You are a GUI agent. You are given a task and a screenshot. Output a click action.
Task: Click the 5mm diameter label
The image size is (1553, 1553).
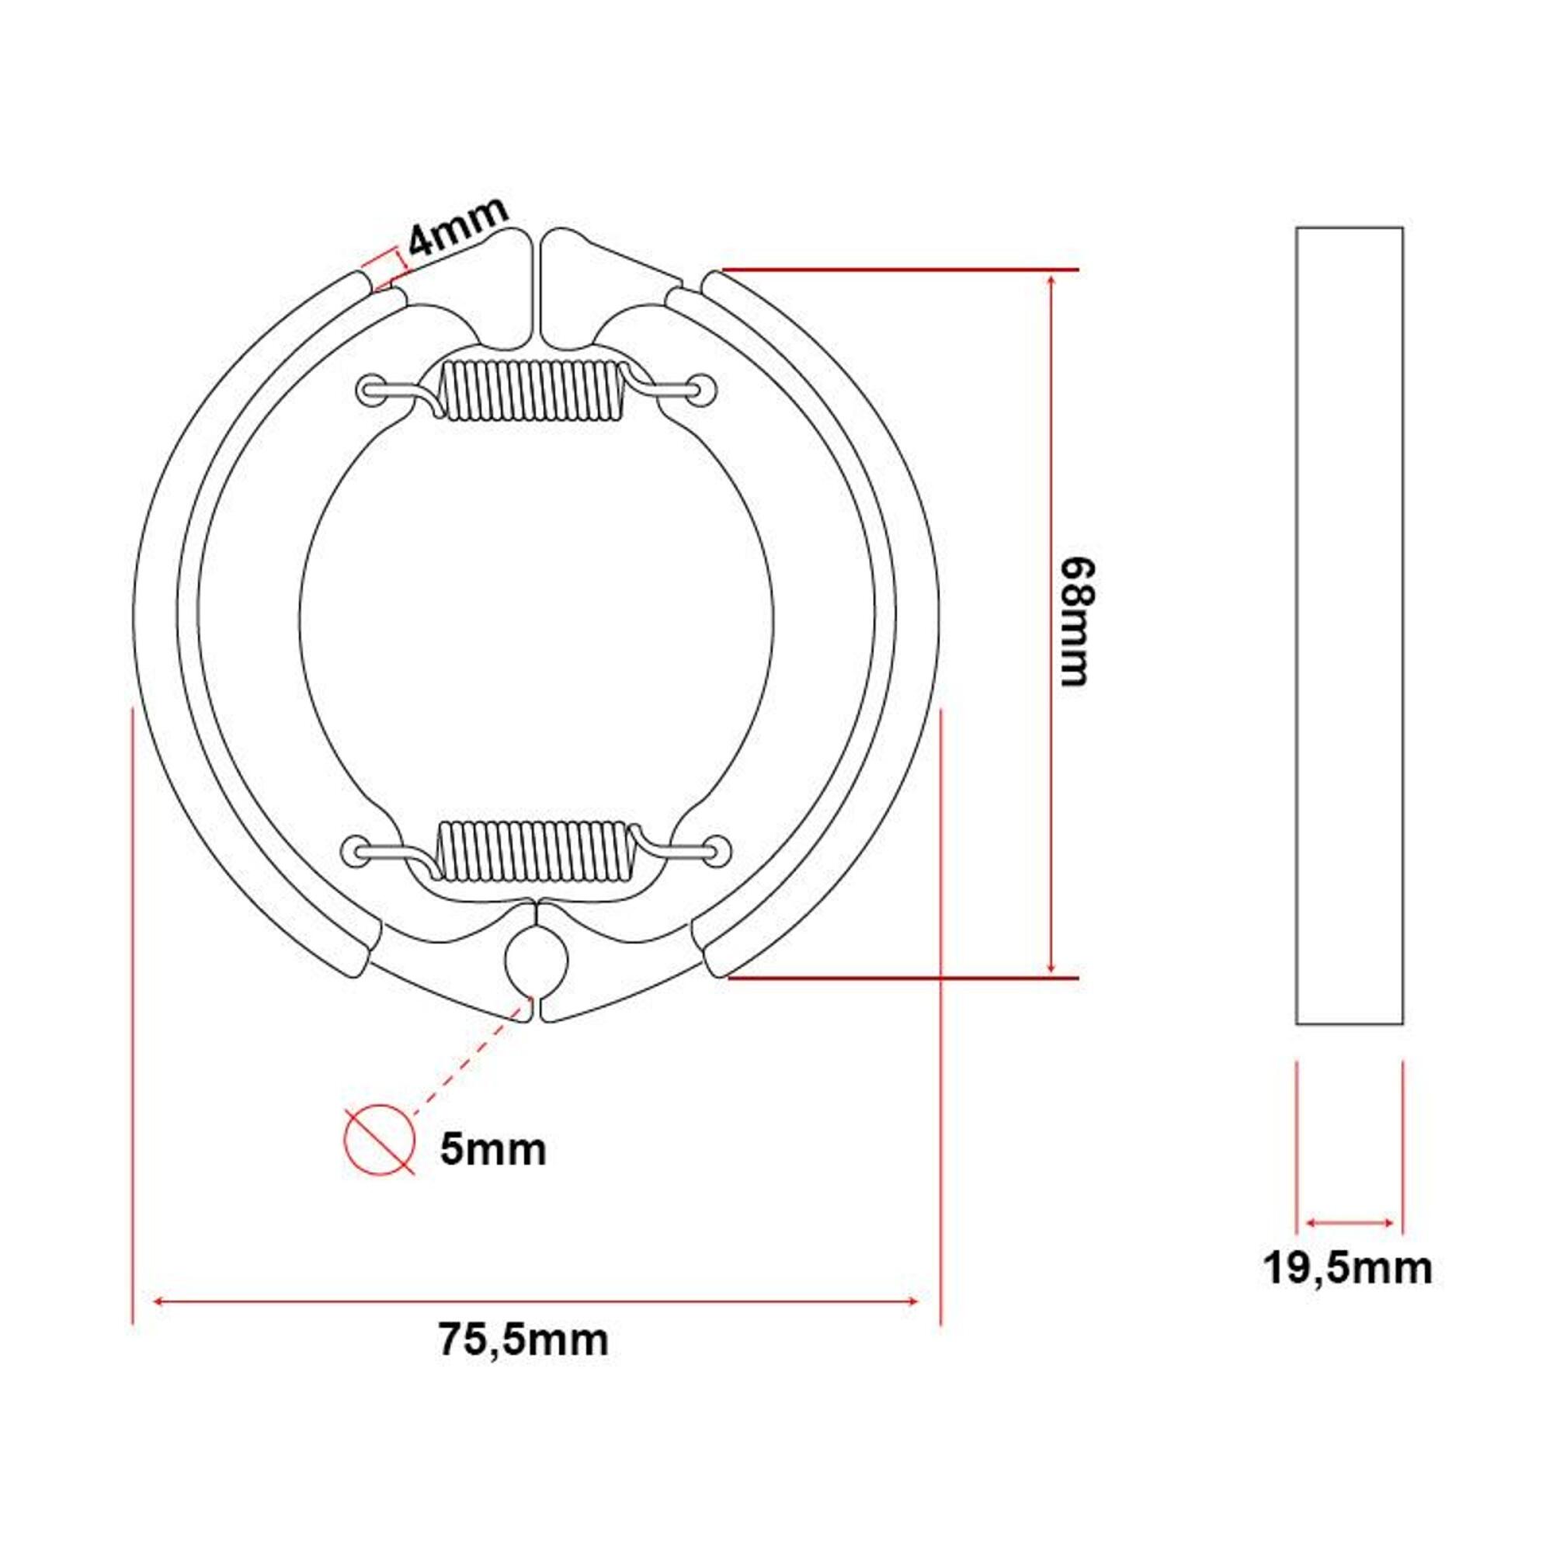493,1150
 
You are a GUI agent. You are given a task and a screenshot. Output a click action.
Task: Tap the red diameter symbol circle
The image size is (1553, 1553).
380,1139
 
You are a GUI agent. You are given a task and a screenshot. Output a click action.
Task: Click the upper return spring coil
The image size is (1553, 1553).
533,389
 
